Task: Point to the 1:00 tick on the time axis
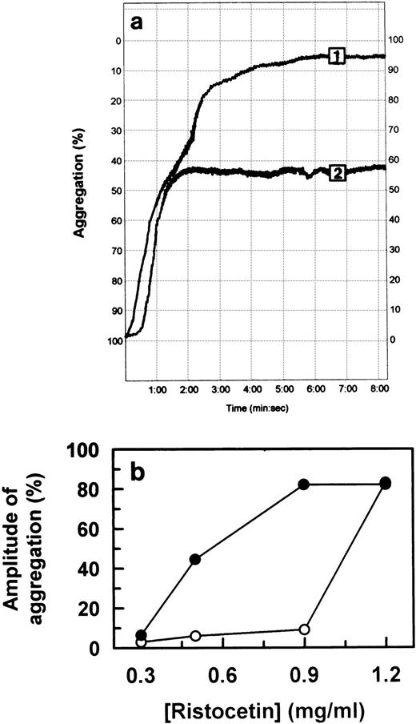(x=158, y=388)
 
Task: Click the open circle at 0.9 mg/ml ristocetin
(x=304, y=629)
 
